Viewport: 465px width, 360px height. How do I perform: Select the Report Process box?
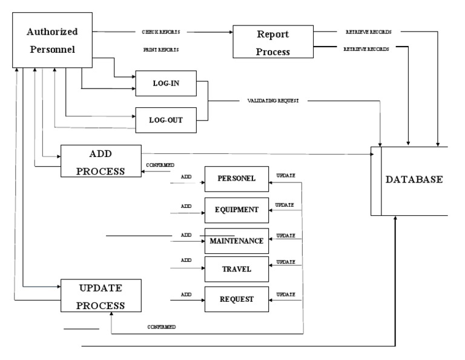tap(274, 42)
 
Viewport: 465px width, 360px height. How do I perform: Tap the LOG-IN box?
tap(165, 83)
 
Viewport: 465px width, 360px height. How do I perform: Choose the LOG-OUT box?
tap(165, 119)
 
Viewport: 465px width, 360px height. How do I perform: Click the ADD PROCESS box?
tap(101, 161)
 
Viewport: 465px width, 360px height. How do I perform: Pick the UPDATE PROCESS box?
tap(101, 296)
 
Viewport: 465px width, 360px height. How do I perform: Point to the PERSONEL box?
tap(236, 179)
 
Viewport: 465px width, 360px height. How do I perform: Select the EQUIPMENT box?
tap(236, 210)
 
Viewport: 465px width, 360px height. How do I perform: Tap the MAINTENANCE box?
tap(236, 241)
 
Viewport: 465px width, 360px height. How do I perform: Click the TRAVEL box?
tap(236, 268)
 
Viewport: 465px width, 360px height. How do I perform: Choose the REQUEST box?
tap(236, 299)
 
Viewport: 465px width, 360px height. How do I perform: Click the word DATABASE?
tap(414, 180)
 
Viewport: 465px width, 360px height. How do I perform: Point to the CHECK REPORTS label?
tap(160, 32)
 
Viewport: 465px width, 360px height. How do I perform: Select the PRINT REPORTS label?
tap(160, 50)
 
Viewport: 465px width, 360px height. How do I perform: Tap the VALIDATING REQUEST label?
tap(274, 101)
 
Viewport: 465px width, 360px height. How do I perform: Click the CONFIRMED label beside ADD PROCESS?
tap(160, 165)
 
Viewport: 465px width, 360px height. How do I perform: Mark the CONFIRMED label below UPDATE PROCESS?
tap(161, 327)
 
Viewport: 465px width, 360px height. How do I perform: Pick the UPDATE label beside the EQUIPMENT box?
tap(285, 205)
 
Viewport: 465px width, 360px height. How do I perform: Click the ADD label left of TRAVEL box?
tap(186, 260)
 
